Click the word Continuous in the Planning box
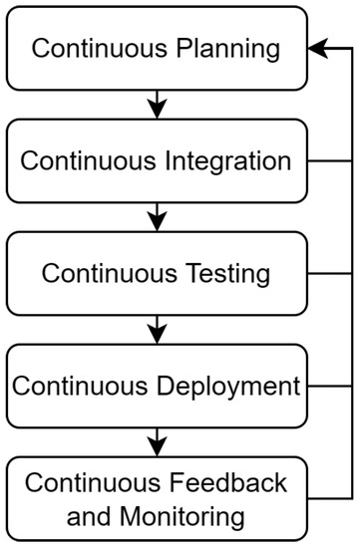click(102, 48)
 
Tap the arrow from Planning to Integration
click(155, 104)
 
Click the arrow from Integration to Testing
click(155, 216)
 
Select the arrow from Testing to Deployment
click(155, 329)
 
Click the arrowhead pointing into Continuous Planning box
click(317, 48)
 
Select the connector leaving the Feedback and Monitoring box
click(329, 497)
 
